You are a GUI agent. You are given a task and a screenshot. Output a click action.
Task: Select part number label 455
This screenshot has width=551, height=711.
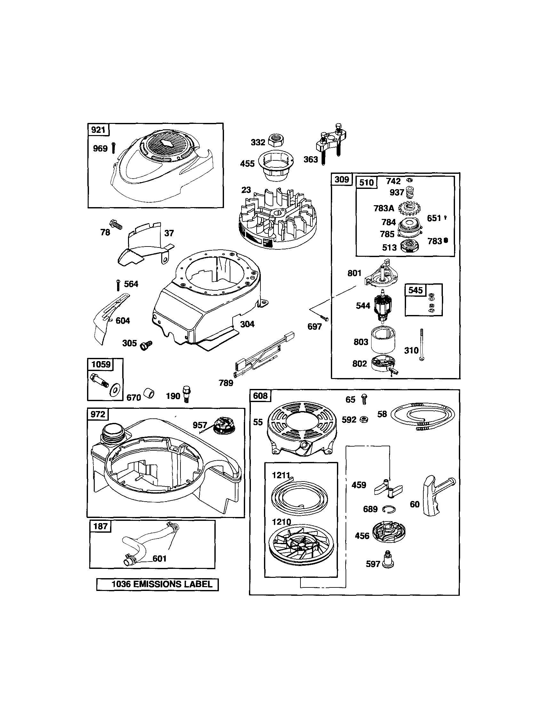pos(247,164)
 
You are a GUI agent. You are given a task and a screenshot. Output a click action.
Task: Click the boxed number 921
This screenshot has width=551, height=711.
pos(98,130)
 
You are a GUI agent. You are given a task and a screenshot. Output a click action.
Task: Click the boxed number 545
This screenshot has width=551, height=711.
pos(415,290)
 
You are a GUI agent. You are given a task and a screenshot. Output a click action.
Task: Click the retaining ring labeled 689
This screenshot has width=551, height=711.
pos(388,509)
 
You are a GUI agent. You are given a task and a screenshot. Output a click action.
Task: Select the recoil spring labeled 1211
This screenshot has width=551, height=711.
pos(299,497)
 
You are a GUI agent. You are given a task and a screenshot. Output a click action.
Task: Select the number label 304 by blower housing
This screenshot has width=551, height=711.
pos(247,324)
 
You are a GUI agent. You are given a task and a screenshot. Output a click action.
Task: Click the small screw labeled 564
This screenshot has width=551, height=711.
pos(118,285)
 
